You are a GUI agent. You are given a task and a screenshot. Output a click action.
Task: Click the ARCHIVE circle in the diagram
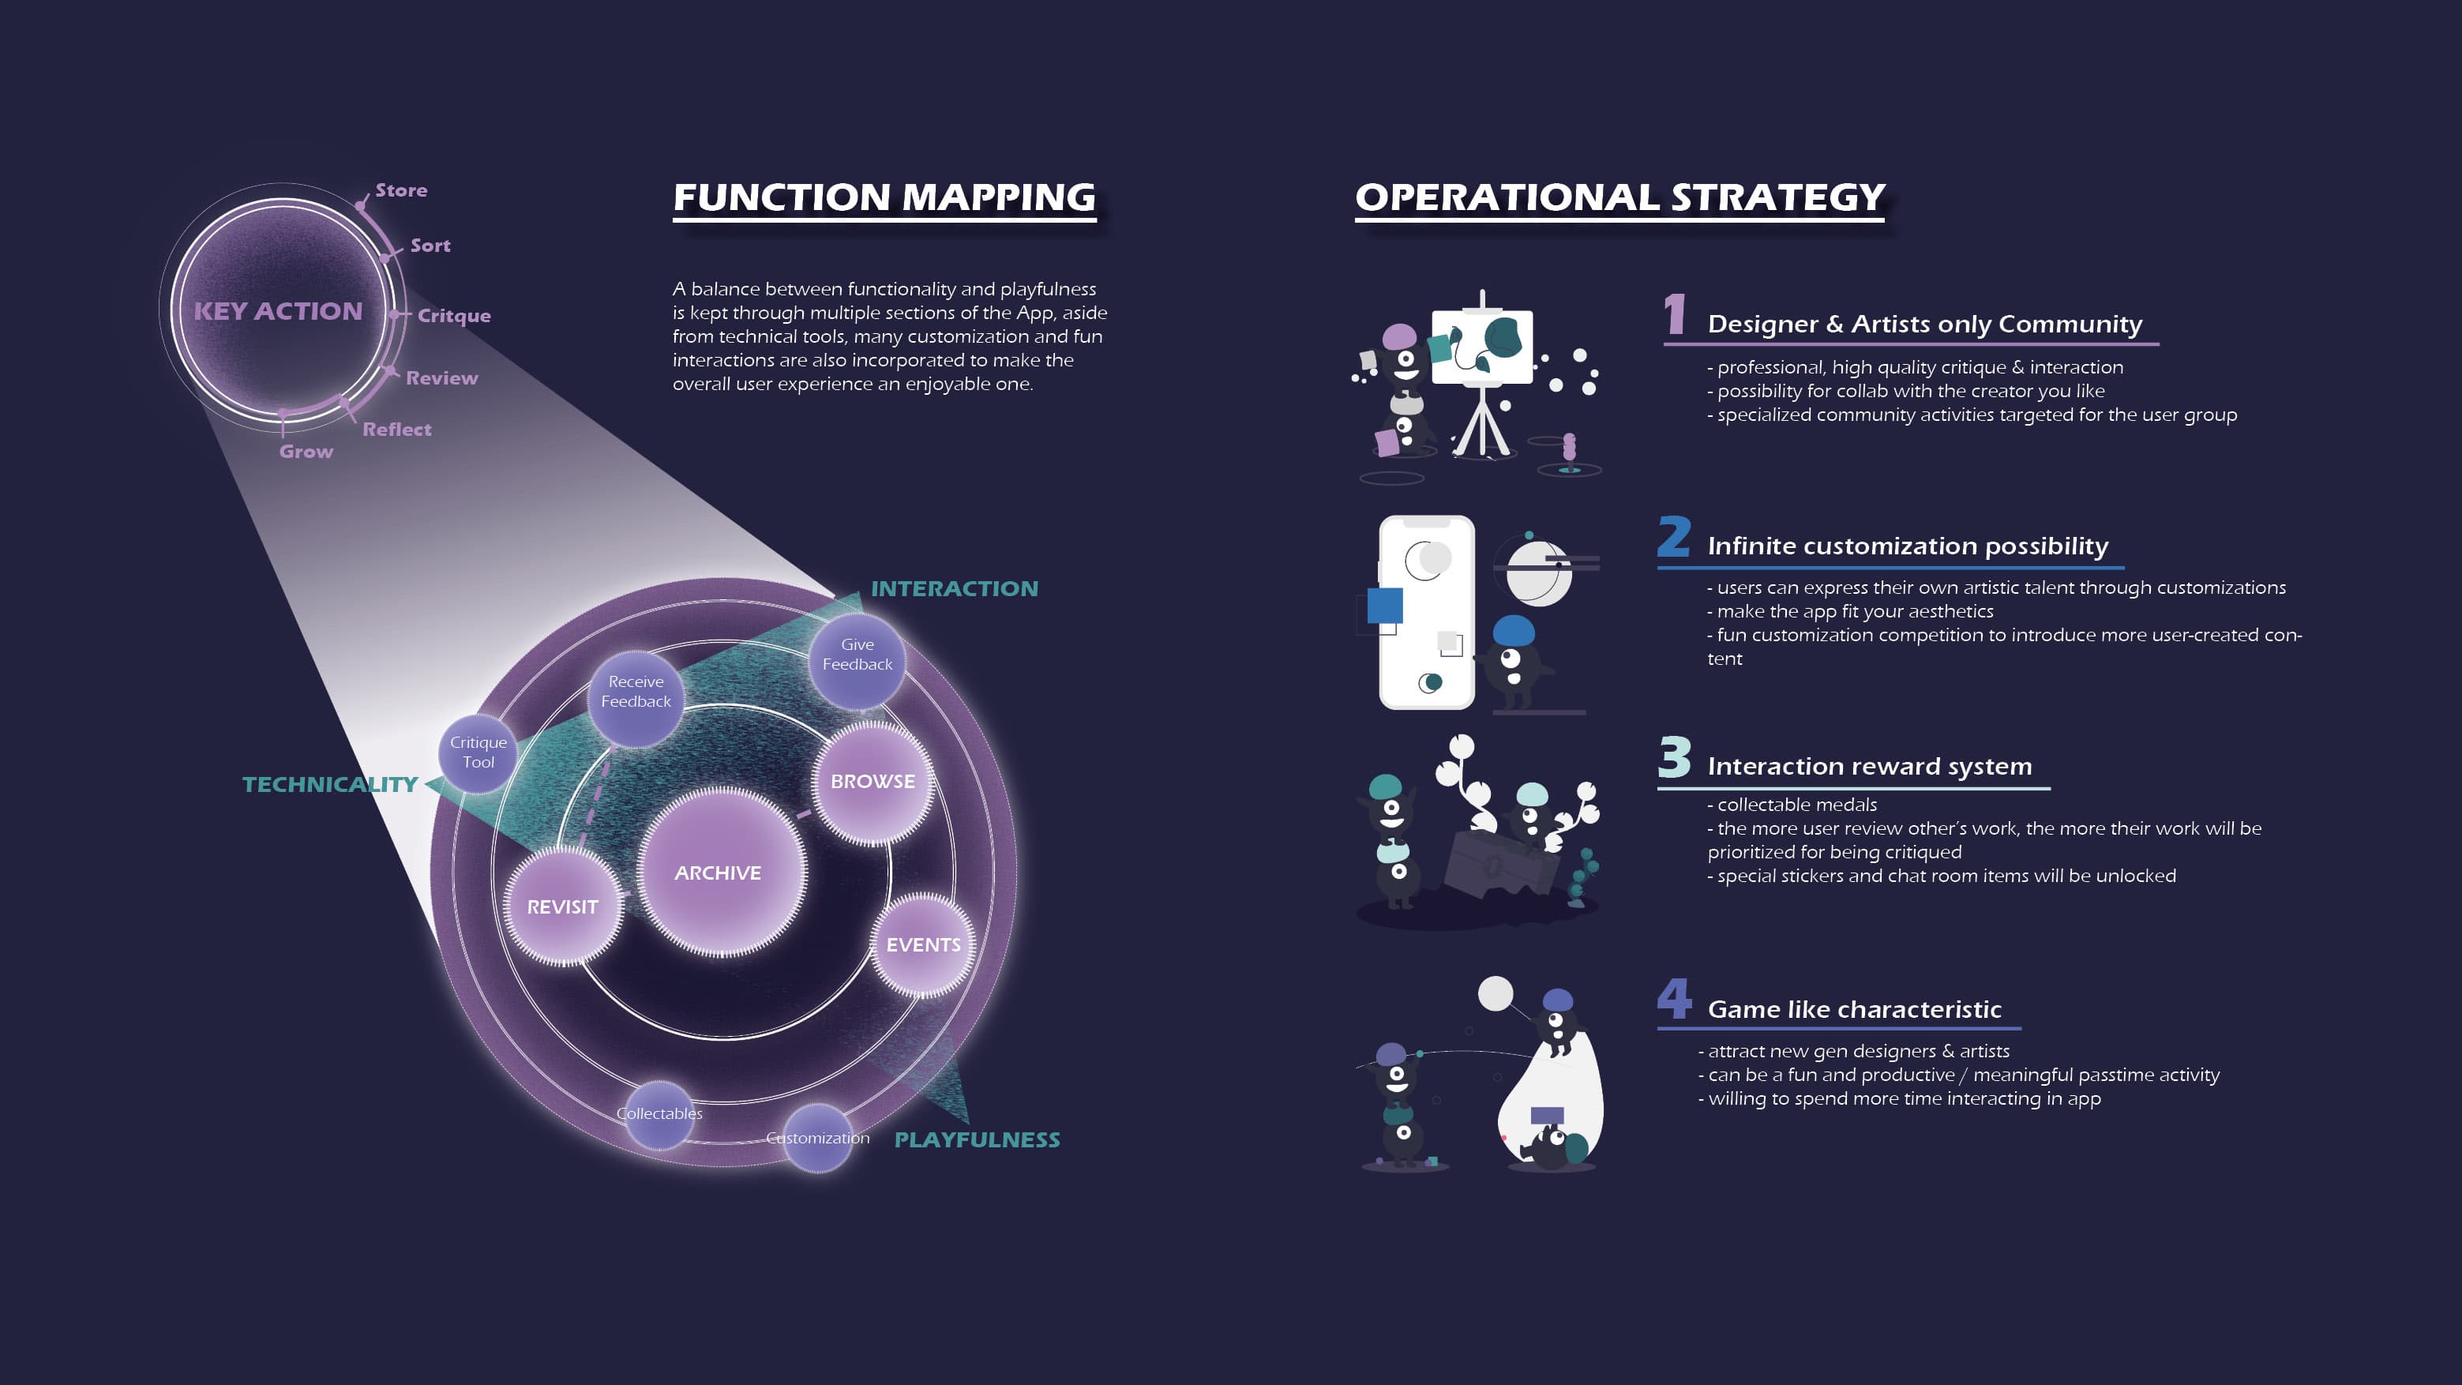[x=719, y=872]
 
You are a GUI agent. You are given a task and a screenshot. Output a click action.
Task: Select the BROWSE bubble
[x=873, y=781]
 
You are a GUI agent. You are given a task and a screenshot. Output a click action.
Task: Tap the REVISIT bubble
[x=562, y=906]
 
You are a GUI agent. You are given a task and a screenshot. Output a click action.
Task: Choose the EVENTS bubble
[x=923, y=944]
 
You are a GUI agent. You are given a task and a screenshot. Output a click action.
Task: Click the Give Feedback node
[x=858, y=655]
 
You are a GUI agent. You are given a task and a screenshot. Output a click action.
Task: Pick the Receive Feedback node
[x=636, y=691]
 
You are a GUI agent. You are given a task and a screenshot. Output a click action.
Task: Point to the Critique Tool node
[x=478, y=753]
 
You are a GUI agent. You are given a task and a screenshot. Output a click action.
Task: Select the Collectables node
[x=659, y=1113]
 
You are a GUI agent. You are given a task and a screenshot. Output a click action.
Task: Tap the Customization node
[x=818, y=1137]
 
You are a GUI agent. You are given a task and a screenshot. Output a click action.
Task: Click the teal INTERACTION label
[x=954, y=589]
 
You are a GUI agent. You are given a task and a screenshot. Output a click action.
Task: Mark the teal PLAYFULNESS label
[x=977, y=1139]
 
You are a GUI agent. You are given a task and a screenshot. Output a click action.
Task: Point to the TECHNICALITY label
[x=330, y=785]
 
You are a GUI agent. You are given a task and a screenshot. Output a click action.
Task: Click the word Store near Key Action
[x=401, y=190]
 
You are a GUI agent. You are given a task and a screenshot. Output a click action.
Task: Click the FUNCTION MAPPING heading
[x=884, y=198]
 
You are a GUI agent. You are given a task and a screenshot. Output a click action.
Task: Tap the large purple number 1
[x=1675, y=314]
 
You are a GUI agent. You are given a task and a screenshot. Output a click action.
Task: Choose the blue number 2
[x=1673, y=537]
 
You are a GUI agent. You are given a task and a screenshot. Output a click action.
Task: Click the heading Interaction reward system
[x=1870, y=767]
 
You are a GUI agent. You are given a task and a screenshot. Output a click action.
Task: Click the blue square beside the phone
[x=1384, y=605]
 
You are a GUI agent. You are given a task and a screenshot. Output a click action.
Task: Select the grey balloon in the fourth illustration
[x=1496, y=994]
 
